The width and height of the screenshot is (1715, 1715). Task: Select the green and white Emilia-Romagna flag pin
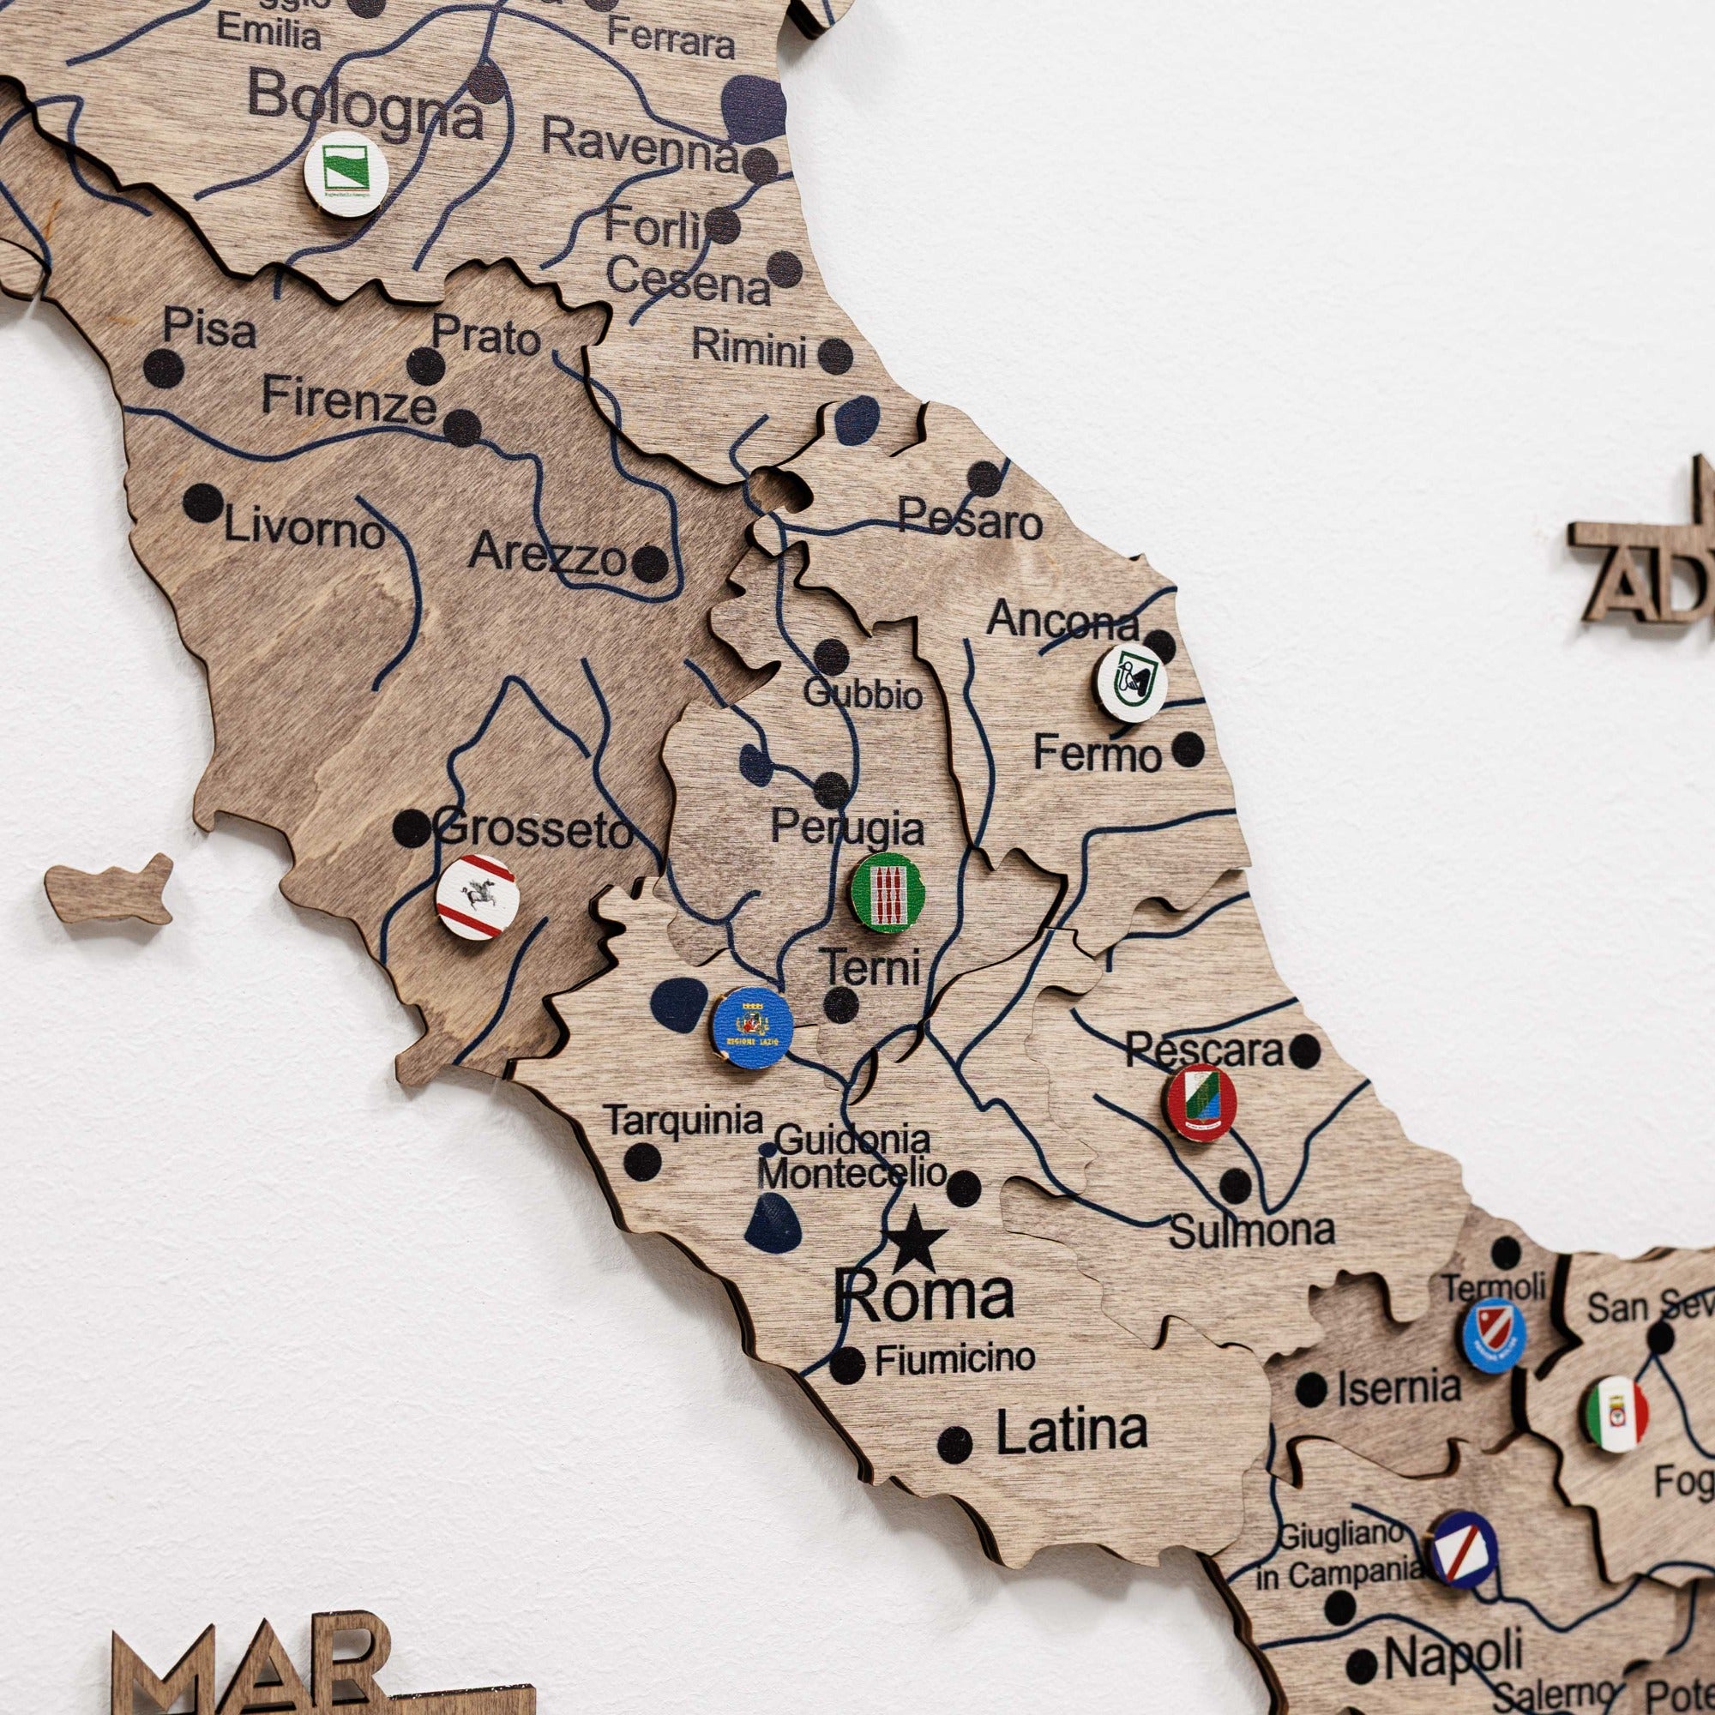346,174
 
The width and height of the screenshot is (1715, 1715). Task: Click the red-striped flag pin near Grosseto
477,897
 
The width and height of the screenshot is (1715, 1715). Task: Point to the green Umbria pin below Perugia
888,892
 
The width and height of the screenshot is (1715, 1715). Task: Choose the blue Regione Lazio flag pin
752,1028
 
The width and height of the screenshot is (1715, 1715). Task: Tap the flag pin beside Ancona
1129,683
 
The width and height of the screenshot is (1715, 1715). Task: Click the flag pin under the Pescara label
1201,1102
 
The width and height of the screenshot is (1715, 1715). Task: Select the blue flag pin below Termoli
1495,1335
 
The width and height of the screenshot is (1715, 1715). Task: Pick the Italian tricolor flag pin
1616,1413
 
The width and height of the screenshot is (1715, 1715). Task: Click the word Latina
1071,1431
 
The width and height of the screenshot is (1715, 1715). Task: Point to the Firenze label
349,400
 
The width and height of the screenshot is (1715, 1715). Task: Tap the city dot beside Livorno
202,503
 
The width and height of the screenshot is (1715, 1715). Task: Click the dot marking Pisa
163,368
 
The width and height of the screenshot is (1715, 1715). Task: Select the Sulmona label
1252,1231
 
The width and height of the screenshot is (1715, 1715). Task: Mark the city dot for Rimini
834,356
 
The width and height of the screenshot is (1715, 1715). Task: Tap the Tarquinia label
683,1121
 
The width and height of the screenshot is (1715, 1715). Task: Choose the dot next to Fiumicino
847,1364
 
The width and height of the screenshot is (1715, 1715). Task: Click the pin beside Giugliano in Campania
1464,1549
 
